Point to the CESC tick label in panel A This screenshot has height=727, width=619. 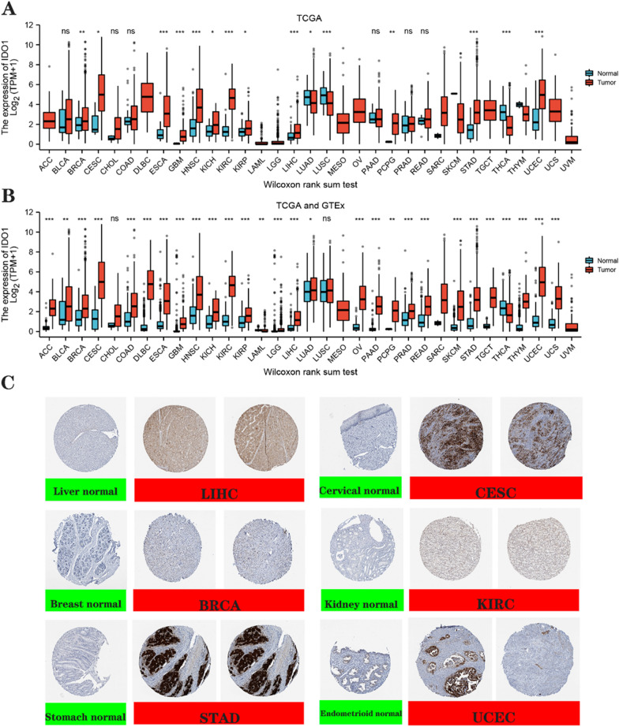pos(100,156)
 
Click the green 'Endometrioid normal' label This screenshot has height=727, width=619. pos(358,714)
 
